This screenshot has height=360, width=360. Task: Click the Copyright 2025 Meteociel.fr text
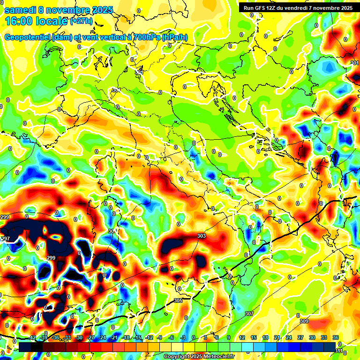pos(199,356)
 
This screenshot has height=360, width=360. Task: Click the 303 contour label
pos(202,236)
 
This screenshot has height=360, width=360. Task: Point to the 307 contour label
pos(249,314)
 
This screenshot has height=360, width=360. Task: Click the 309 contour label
pos(304,321)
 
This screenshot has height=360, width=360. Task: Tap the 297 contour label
pos(5,239)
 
